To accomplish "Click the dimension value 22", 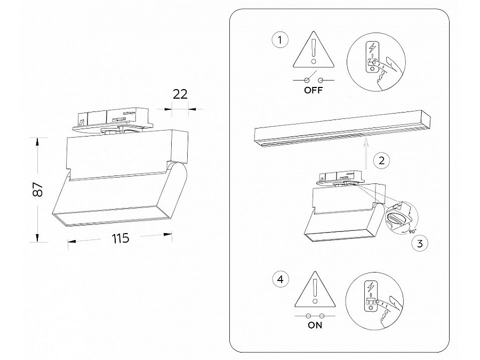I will coord(180,94).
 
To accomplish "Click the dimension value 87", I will coord(37,190).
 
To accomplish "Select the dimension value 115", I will coord(121,238).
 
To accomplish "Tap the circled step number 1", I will coord(280,40).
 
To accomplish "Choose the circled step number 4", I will coord(280,278).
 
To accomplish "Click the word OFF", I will coord(314,90).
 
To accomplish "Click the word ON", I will coord(315,325).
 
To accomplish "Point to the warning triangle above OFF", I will coord(314,52).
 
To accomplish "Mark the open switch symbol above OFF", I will coord(314,79).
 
